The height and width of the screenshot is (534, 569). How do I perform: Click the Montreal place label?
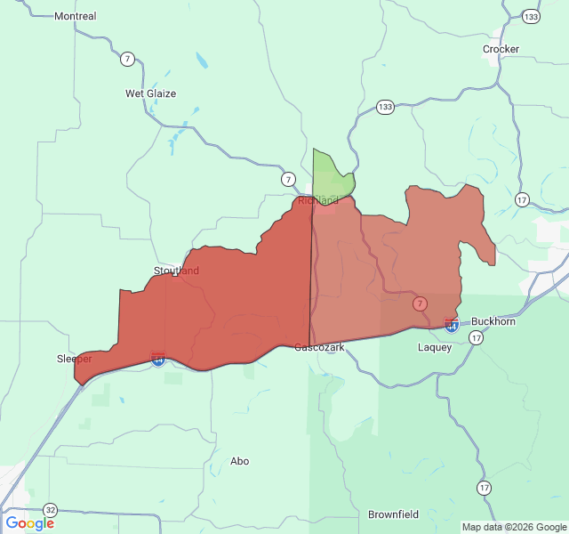pos(76,16)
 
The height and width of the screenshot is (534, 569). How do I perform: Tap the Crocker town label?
pos(501,49)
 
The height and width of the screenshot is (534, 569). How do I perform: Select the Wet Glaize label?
pos(150,93)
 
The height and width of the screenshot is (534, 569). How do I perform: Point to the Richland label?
pos(317,200)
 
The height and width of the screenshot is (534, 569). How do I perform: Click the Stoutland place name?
pos(176,271)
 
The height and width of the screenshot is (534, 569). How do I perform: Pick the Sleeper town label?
pos(75,359)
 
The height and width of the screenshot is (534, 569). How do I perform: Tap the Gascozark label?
pos(320,347)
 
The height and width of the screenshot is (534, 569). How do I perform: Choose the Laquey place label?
pos(435,347)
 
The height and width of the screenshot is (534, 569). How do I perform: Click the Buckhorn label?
pos(493,321)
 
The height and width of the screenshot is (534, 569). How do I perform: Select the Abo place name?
pos(240,461)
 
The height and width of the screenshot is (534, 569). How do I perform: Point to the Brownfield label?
pos(393,514)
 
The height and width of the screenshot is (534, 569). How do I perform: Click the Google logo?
pos(29,523)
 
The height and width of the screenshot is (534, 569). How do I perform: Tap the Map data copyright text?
pos(514,527)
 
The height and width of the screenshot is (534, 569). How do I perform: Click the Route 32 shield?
pos(51,510)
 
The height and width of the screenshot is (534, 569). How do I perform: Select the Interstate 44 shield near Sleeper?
pos(158,359)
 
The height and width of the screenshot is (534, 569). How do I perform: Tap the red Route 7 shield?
pos(420,303)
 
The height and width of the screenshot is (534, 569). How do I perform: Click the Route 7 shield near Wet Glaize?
pos(128,59)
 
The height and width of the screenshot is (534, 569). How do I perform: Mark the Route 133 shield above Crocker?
pos(531,16)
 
